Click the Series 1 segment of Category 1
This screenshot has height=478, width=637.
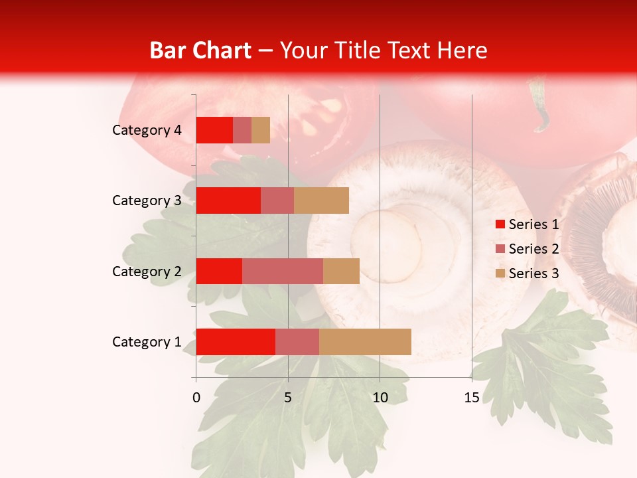click(236, 341)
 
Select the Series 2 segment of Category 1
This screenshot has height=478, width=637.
click(297, 341)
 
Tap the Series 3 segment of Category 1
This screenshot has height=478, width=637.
click(365, 341)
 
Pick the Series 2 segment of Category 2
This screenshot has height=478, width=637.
click(283, 271)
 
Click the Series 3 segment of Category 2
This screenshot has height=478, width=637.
click(341, 271)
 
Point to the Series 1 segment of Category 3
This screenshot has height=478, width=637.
click(228, 200)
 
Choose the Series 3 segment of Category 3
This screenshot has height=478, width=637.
click(321, 200)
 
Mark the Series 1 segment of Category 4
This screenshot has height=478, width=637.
click(214, 130)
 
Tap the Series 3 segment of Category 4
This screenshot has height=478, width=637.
click(261, 130)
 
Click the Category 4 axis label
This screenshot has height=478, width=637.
click(147, 130)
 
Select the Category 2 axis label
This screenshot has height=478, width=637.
click(147, 271)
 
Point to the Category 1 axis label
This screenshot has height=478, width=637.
click(147, 342)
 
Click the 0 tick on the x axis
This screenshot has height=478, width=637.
click(196, 398)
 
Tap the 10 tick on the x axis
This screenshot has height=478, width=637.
click(380, 398)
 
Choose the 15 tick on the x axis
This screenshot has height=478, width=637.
click(471, 398)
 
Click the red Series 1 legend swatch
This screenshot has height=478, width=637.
click(500, 224)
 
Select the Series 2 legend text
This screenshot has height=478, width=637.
click(533, 249)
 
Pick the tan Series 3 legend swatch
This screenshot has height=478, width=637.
click(500, 274)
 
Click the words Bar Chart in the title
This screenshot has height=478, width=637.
click(200, 50)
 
